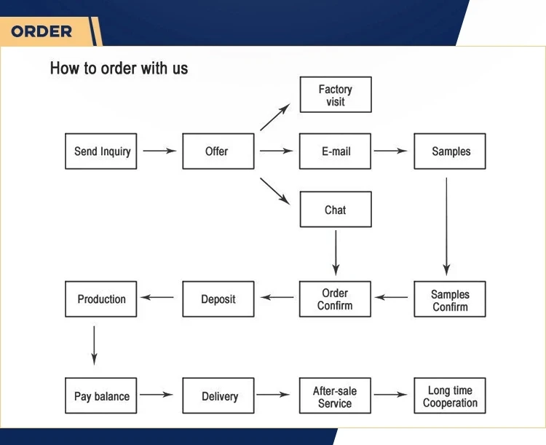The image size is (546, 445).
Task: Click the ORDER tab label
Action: [x=41, y=32]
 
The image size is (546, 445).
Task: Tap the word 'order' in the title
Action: [x=118, y=68]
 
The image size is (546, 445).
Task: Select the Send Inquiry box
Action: [x=101, y=151]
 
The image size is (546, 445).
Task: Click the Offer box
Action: [x=218, y=151]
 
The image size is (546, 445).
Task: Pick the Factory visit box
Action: [x=336, y=95]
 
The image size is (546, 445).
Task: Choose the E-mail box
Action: [x=335, y=151]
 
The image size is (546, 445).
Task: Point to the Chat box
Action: [x=336, y=209]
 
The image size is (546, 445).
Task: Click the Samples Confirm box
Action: [x=450, y=299]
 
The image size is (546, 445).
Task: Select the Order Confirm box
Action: [x=335, y=299]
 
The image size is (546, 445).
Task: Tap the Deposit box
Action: [x=218, y=299]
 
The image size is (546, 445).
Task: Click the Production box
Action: [x=101, y=299]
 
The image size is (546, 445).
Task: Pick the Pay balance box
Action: [x=101, y=395]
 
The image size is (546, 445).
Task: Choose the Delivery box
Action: [x=218, y=395]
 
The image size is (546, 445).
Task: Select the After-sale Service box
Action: [x=335, y=395]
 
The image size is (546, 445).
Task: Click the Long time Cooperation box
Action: [x=450, y=395]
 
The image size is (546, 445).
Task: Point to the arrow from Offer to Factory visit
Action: [x=275, y=117]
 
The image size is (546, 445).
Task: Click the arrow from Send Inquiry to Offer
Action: [x=160, y=151]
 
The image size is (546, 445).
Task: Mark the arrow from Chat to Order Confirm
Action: [x=336, y=253]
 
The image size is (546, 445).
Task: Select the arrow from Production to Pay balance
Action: [x=94, y=346]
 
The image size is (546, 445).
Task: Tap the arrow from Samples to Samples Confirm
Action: [x=446, y=227]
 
